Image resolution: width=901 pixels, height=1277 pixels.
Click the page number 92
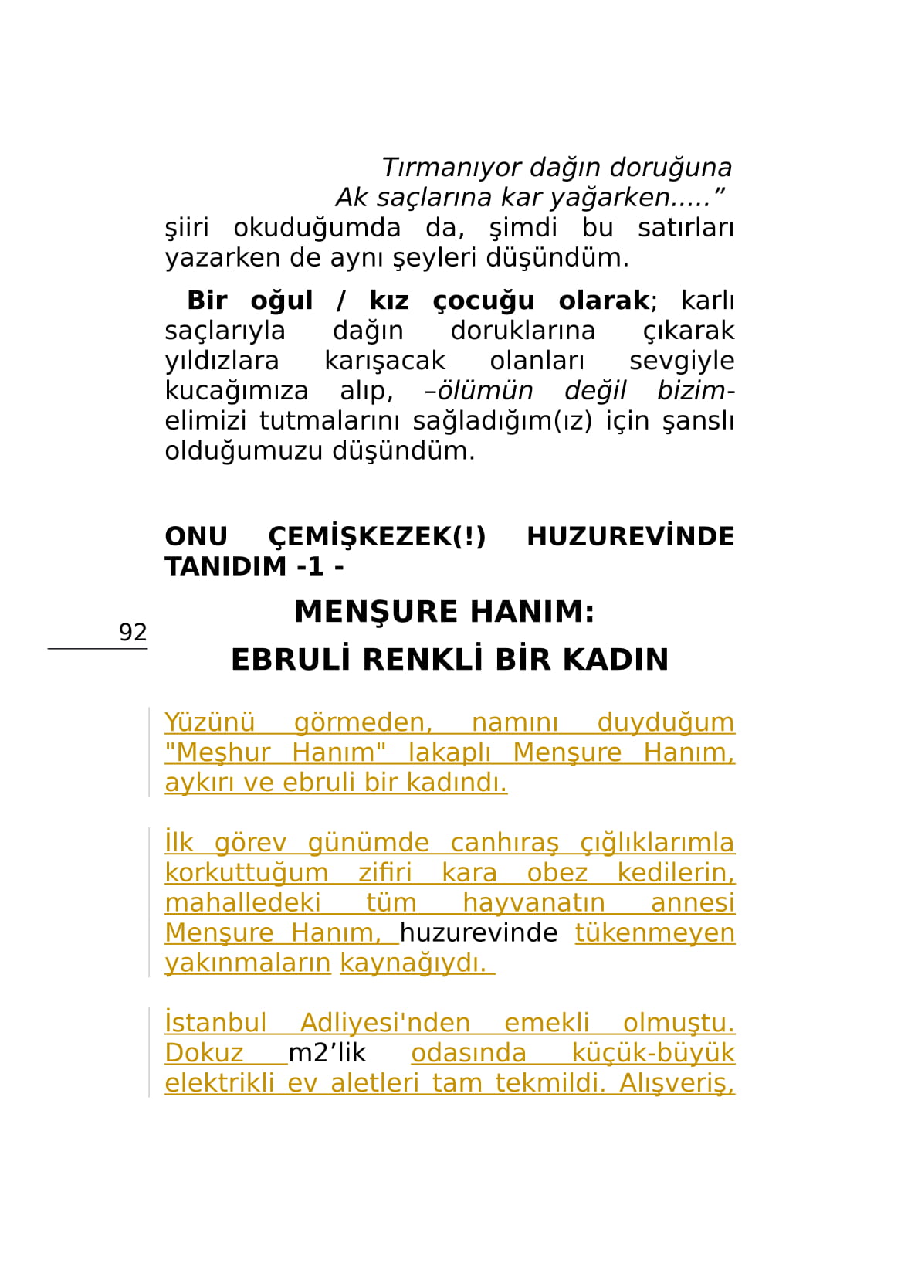point(132,632)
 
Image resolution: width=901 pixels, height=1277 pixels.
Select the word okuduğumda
point(317,227)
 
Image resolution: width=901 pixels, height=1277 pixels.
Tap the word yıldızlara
point(222,360)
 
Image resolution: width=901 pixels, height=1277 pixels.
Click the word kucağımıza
point(236,390)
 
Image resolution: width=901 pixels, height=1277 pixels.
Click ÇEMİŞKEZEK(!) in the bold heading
point(377,536)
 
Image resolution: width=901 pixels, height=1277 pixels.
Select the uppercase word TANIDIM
point(225,566)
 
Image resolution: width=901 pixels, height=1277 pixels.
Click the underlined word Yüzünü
point(209,722)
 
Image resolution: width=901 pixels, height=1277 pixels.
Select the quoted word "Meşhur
point(218,752)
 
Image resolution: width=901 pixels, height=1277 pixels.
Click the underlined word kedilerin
point(676,872)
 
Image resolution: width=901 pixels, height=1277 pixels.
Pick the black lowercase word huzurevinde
point(479,932)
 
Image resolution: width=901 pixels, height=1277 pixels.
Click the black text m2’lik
point(327,1053)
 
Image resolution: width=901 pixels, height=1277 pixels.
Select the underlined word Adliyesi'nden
point(385,1023)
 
